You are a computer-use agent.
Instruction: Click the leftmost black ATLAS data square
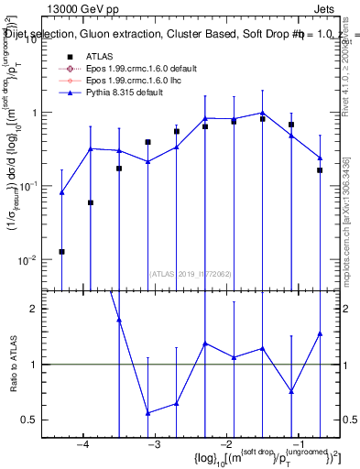point(61,251)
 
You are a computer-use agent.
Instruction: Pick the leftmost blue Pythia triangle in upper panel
point(61,192)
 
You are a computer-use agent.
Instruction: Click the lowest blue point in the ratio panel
point(147,413)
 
